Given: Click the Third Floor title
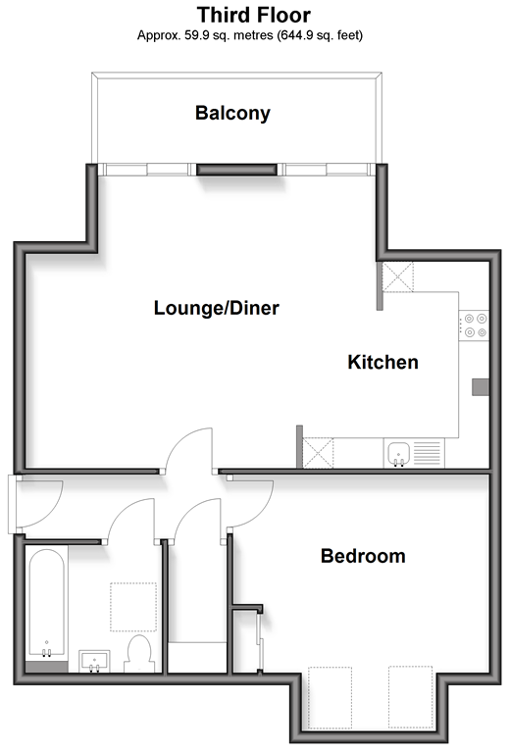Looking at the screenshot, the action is (x=254, y=15).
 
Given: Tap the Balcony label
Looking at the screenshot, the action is (x=232, y=113).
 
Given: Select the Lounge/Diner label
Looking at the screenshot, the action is (x=217, y=308).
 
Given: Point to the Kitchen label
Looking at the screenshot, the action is (x=382, y=362).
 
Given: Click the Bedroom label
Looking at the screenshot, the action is (x=363, y=556).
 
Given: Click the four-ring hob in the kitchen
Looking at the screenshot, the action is (x=474, y=326).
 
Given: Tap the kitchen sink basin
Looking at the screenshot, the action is (x=399, y=454).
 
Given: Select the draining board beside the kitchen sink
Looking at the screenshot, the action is (x=427, y=454).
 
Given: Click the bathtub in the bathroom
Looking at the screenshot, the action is (x=46, y=604).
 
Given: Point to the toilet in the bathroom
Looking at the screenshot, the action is (x=139, y=653).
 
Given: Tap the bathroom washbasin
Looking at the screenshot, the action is (x=94, y=661).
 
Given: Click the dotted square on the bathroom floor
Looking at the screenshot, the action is (x=133, y=607).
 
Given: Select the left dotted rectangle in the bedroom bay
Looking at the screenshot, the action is (x=330, y=697).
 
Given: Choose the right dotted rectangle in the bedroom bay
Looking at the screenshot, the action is (x=410, y=697).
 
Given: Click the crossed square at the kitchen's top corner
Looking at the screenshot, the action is (x=398, y=276).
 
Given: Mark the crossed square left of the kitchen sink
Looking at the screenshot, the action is (x=318, y=453).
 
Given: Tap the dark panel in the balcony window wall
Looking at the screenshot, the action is (x=237, y=170).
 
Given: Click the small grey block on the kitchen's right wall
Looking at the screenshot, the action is (x=481, y=387).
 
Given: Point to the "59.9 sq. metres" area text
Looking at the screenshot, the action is (x=229, y=35).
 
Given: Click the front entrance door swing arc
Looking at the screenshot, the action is (x=50, y=513).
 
